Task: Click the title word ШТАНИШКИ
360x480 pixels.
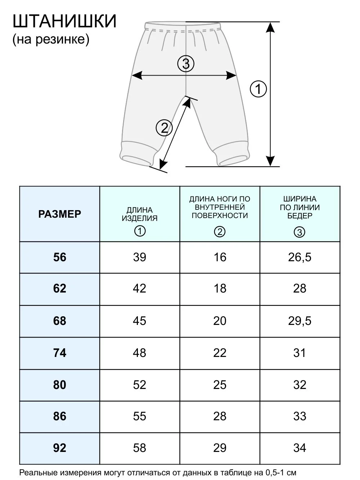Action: [x=64, y=22]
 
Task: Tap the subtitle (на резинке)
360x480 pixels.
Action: [x=51, y=40]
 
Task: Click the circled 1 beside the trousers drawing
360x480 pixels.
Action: [x=258, y=89]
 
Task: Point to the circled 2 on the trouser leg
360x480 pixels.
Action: [x=164, y=128]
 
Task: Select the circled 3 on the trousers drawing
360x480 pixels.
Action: [x=186, y=64]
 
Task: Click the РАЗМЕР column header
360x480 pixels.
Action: [x=59, y=214]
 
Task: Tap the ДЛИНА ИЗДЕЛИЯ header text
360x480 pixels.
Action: [x=140, y=214]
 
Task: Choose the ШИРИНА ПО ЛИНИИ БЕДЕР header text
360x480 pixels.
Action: [x=300, y=207]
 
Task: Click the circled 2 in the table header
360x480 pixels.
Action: [x=220, y=232]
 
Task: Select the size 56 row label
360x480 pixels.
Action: [x=59, y=257]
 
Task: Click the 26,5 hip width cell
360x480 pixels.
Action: [x=300, y=257]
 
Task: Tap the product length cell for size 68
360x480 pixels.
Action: [x=140, y=321]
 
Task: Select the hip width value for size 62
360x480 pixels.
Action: [x=300, y=289]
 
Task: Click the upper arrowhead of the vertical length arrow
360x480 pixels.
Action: [x=271, y=28]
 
